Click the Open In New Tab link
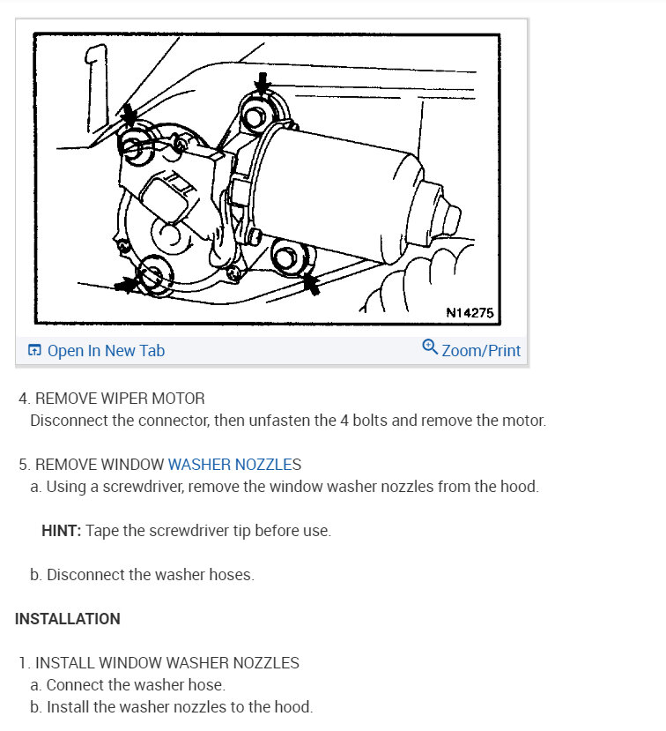[x=105, y=350]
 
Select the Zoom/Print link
[x=481, y=350]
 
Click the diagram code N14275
[x=470, y=312]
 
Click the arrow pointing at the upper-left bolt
[x=129, y=115]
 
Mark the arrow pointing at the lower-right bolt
[x=310, y=284]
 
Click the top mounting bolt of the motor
[x=259, y=116]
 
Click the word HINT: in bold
[x=61, y=531]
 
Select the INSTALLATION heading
[x=68, y=619]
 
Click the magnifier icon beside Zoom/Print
[x=430, y=347]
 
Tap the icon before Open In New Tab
[x=34, y=351]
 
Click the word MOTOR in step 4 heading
[x=180, y=398]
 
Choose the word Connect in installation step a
[x=76, y=684]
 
